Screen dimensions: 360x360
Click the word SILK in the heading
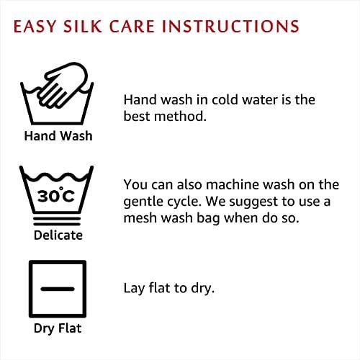coord(82,26)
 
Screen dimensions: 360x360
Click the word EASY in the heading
coord(35,26)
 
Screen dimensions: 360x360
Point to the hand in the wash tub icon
coord(63,84)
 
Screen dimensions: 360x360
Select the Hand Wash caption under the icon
coord(58,136)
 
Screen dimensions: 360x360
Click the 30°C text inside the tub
coord(56,195)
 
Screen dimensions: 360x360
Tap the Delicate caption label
coord(58,235)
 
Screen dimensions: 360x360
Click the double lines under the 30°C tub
coord(57,221)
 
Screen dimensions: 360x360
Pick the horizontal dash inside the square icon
coord(58,289)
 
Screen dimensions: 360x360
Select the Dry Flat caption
coord(58,328)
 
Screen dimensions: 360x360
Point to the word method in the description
coord(180,117)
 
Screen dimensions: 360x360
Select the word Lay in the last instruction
coord(134,289)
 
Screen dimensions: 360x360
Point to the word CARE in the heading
coord(132,26)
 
